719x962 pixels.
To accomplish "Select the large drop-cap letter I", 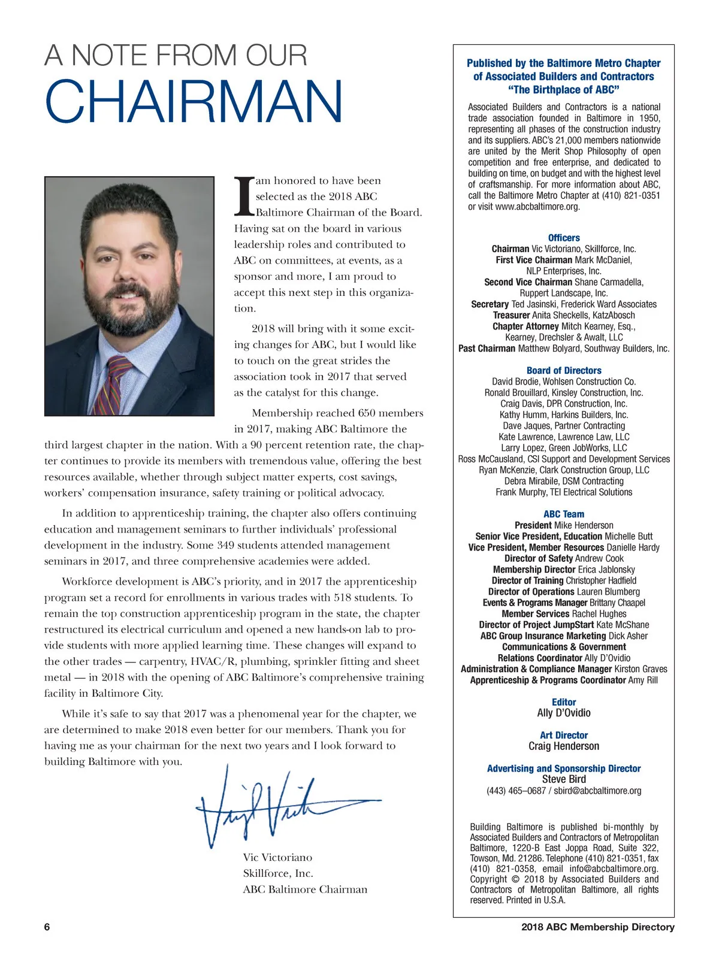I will pos(243,196).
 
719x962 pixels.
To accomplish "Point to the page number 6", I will pos(47,927).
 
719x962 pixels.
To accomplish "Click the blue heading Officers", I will pos(564,238).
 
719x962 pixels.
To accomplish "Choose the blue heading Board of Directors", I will pos(564,371).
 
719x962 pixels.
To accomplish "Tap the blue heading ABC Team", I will pos(564,514).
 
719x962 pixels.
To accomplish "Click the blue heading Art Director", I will pos(564,735).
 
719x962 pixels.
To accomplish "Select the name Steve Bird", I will pos(564,779).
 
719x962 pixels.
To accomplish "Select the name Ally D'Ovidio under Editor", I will pos(564,713).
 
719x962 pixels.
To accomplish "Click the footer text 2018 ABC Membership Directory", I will pos(597,927).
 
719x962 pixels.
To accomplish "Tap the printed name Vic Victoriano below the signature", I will pos(277,858).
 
